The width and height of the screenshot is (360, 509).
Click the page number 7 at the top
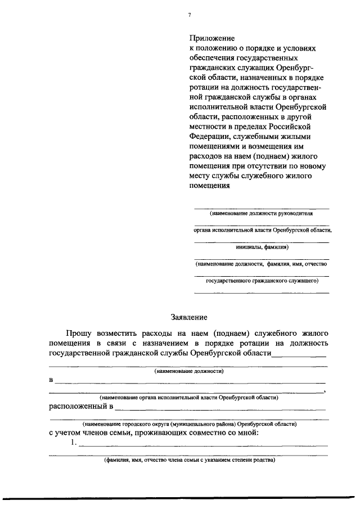coord(190,16)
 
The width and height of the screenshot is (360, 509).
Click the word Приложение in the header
coord(211,39)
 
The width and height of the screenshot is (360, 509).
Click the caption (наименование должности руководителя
coord(261,214)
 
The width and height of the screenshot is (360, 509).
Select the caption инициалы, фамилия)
coord(262,246)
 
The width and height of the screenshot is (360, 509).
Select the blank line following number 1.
coord(203,446)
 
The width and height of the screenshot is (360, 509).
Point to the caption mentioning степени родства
coord(189,460)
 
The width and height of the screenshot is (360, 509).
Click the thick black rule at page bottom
coord(180,497)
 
